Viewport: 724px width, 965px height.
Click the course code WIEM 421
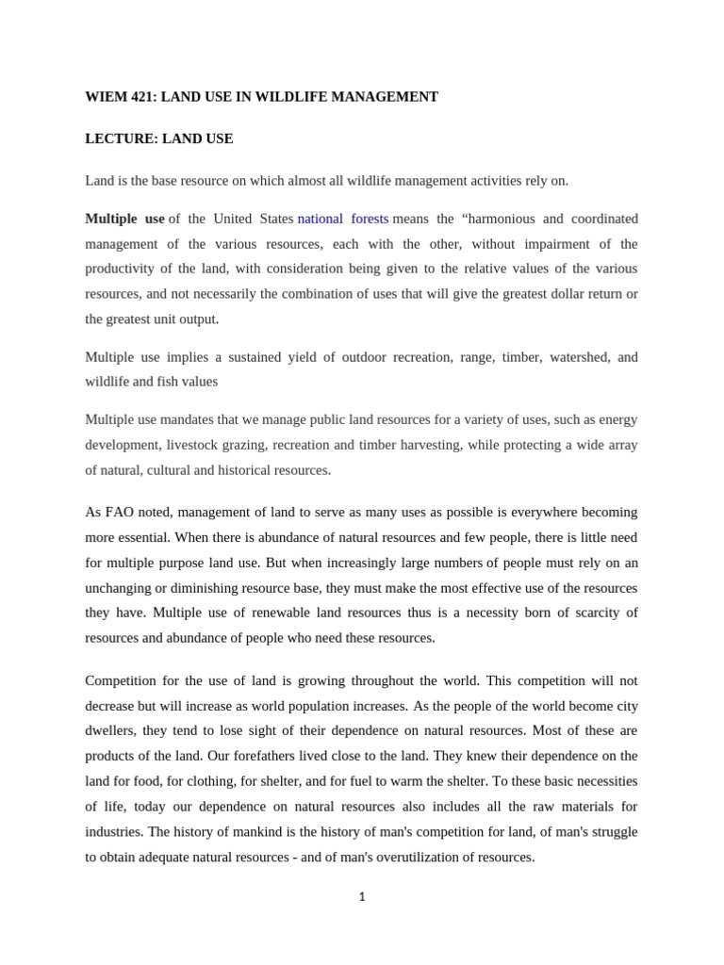tap(120, 97)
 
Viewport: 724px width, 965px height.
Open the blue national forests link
tap(343, 219)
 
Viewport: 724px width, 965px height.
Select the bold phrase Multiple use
tap(124, 219)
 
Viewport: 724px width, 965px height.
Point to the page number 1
tap(362, 897)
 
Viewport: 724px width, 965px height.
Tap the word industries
tap(114, 831)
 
